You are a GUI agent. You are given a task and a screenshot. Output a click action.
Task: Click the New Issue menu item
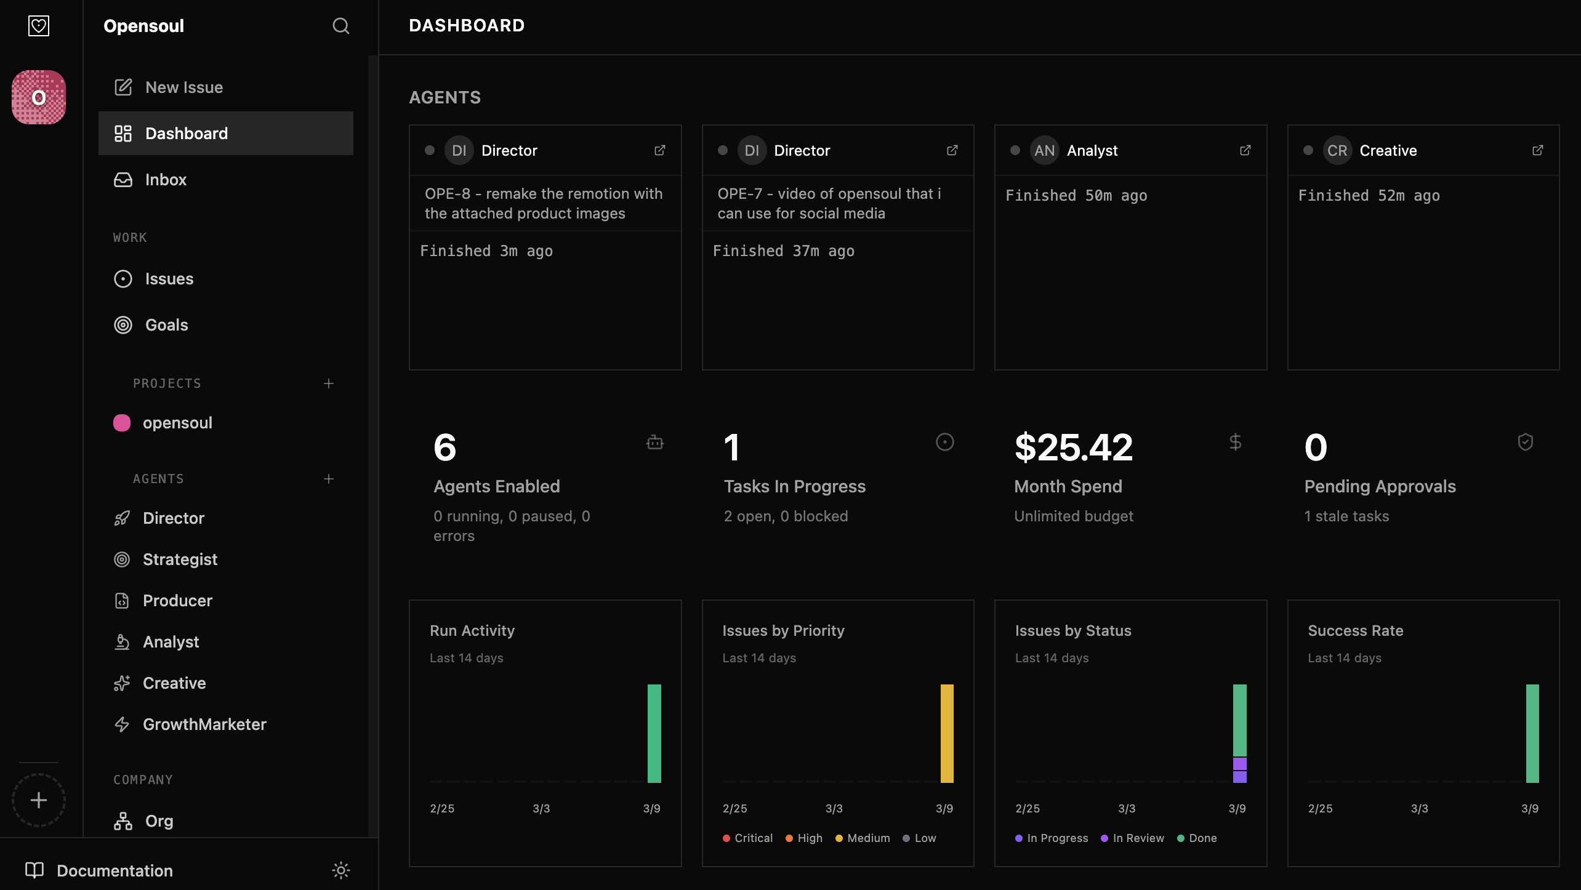(x=183, y=87)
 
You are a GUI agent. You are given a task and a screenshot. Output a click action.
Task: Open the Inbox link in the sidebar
(x=165, y=180)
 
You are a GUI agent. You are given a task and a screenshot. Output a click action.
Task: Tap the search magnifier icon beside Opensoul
(x=340, y=26)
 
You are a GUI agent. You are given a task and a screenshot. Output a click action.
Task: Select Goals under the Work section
(x=166, y=325)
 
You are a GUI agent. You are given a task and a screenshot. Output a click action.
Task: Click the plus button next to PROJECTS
(x=329, y=383)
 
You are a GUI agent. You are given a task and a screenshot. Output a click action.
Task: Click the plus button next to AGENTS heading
(x=329, y=479)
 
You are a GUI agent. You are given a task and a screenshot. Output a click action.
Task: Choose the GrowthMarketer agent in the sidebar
(x=204, y=724)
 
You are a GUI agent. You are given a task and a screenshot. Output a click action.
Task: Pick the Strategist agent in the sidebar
(x=180, y=559)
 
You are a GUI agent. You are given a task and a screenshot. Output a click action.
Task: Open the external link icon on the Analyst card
(x=1245, y=150)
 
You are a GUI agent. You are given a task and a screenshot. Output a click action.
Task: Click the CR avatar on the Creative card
(x=1337, y=151)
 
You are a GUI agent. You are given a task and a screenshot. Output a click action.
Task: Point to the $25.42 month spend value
(x=1073, y=447)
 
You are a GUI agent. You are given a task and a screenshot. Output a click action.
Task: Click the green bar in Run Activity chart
(x=654, y=733)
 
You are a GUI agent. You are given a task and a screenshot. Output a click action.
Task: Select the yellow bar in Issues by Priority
(x=946, y=733)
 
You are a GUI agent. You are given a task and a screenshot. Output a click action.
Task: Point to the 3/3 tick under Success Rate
(x=1419, y=809)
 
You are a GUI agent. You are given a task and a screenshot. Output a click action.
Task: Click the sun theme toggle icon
(x=340, y=870)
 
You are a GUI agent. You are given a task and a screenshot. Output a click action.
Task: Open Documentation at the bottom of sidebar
(x=115, y=871)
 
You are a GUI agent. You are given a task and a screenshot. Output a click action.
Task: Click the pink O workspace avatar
(x=39, y=97)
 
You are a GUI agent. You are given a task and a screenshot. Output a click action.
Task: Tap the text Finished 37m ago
(x=783, y=251)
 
